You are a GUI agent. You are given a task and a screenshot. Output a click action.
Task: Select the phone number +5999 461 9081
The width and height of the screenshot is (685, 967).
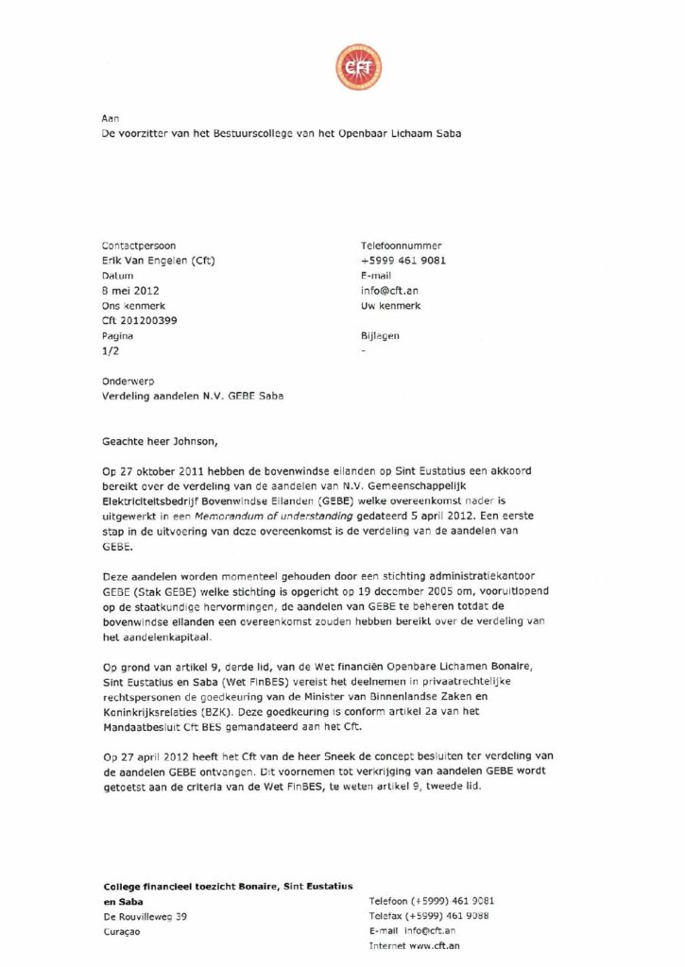tap(403, 261)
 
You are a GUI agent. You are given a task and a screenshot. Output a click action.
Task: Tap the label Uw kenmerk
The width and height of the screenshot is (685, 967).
tap(390, 305)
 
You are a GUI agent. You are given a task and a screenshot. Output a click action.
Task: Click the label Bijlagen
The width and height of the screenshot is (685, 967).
tap(381, 335)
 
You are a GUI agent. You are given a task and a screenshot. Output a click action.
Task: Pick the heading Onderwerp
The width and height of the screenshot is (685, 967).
tap(126, 381)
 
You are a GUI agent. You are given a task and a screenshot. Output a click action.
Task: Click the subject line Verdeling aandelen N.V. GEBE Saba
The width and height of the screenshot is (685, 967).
tap(193, 396)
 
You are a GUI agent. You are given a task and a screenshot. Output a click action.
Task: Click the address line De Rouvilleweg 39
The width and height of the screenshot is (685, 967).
tap(145, 916)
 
